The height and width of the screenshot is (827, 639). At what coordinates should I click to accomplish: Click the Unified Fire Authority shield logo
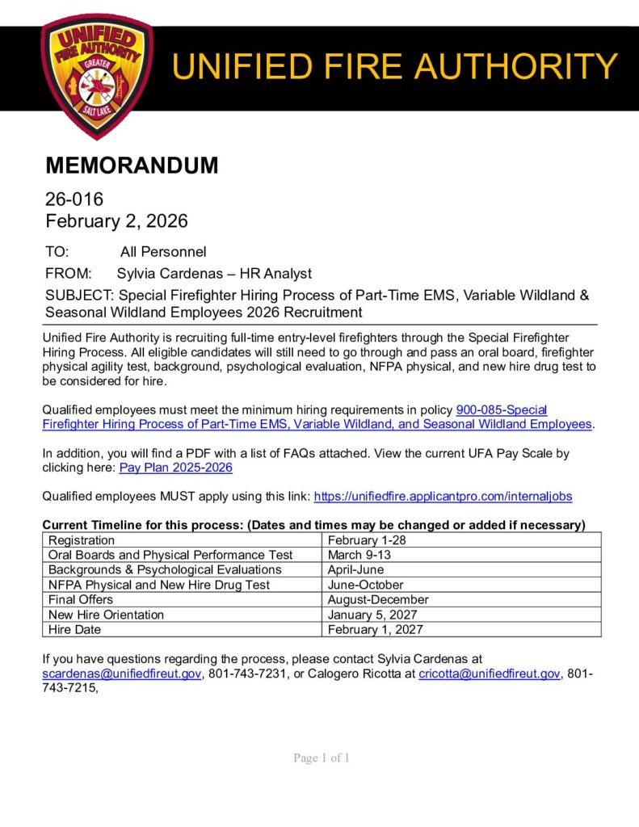(96, 76)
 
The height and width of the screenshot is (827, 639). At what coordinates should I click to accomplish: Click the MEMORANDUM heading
(132, 166)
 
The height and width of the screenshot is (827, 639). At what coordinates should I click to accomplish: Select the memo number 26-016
(74, 199)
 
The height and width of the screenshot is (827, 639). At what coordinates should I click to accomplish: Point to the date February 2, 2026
(116, 220)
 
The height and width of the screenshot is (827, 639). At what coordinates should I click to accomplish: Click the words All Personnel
(163, 252)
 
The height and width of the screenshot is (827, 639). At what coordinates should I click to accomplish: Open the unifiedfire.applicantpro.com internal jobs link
(443, 497)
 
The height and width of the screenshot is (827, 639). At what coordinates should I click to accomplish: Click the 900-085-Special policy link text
(502, 410)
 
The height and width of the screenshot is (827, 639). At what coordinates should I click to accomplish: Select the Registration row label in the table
(82, 540)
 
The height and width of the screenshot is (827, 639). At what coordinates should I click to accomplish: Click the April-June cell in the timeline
(355, 569)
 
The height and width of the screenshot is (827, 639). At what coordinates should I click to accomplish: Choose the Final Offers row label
(81, 599)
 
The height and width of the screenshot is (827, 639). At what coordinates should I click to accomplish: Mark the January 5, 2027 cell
(372, 615)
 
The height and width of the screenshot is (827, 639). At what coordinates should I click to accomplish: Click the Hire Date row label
(75, 629)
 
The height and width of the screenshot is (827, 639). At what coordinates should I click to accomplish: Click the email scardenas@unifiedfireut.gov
(121, 674)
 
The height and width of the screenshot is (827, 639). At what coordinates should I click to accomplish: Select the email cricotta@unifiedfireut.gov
(490, 674)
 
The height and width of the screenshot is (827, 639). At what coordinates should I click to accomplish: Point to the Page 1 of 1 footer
(321, 758)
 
